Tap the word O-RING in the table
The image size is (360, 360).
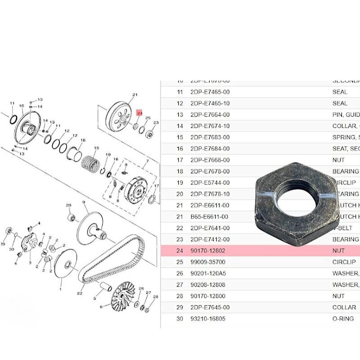[x=343, y=319]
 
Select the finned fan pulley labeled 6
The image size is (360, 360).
[x=123, y=297]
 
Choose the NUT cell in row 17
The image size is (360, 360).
[x=338, y=160]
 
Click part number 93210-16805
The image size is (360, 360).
[x=211, y=319]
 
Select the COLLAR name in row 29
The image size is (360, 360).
[x=344, y=307]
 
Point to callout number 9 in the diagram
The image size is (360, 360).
[x=85, y=203]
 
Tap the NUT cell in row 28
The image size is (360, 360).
[x=338, y=296]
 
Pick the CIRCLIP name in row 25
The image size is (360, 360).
[x=344, y=262]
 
